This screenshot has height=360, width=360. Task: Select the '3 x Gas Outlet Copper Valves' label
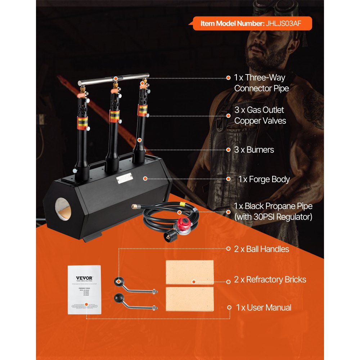coord(260,115)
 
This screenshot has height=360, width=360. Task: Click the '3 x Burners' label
coord(254,149)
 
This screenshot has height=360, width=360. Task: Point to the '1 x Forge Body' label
coord(264,179)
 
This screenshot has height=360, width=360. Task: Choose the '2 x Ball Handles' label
coord(261,249)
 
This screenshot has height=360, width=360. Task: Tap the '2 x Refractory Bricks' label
coord(270,279)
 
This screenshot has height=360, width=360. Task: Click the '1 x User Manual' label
coord(264,307)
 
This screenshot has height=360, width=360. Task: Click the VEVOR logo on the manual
coord(84,278)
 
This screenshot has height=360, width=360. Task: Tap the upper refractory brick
coord(189,272)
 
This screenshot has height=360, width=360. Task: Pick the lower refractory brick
coord(189,299)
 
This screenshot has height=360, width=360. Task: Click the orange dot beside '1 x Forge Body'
coord(228,179)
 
